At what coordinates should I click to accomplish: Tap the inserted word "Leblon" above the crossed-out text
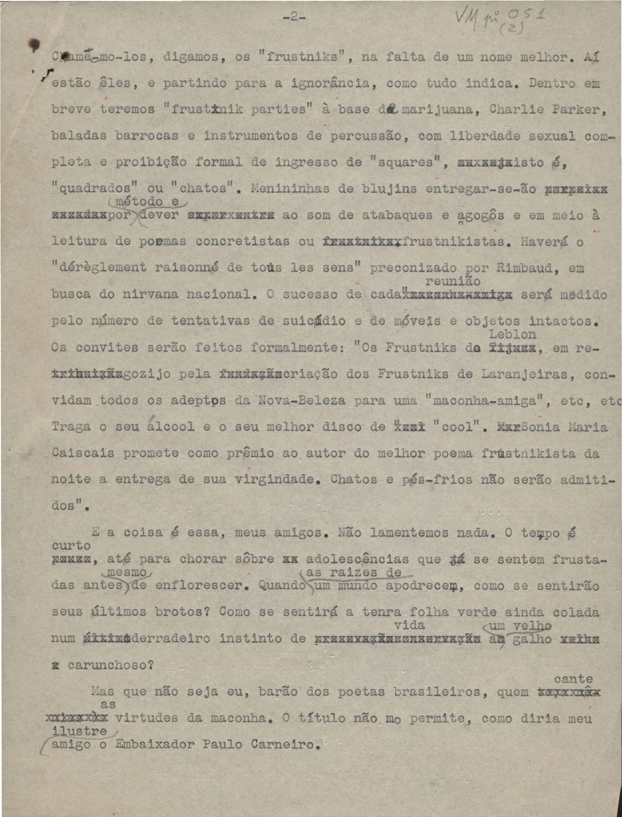coord(512,334)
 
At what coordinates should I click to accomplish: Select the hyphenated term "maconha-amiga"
coord(484,401)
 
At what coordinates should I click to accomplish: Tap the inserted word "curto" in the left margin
coord(71,545)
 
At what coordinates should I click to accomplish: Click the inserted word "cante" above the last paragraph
coord(574,679)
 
